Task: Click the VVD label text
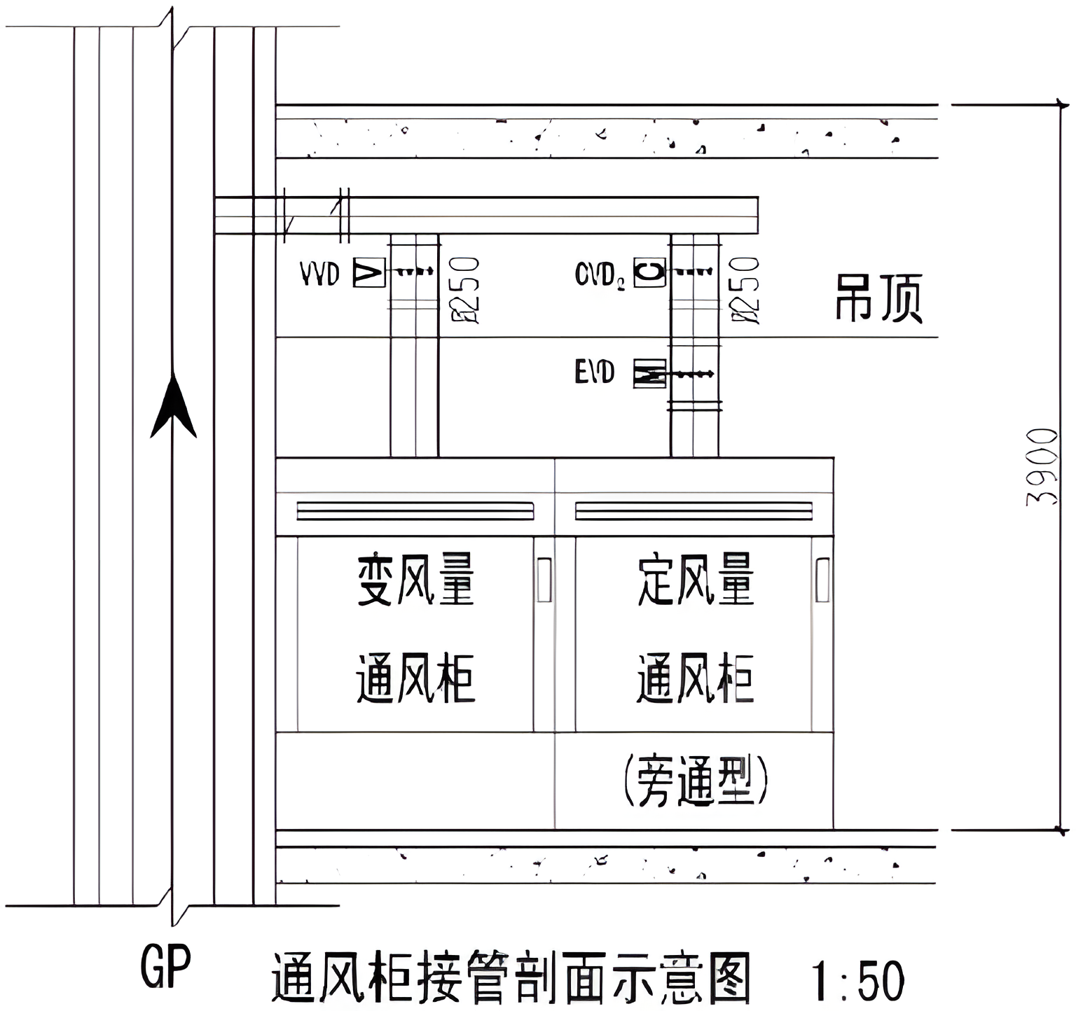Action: click(x=319, y=274)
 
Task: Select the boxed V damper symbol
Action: click(x=369, y=272)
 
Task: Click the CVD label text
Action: click(x=600, y=274)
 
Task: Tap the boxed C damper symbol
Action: click(x=649, y=272)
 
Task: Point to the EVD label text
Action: click(x=594, y=372)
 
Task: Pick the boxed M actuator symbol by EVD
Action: click(x=649, y=373)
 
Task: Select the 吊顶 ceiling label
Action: click(x=878, y=298)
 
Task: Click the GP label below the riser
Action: click(x=165, y=967)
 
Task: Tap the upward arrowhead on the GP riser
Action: click(x=173, y=406)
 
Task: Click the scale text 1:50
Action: click(x=858, y=981)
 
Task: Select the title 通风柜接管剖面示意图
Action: click(x=511, y=979)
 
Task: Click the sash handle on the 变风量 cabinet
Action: click(x=544, y=580)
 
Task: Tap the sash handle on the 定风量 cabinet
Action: click(x=822, y=580)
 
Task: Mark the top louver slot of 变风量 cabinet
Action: click(x=415, y=511)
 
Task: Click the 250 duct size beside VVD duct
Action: click(x=465, y=288)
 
